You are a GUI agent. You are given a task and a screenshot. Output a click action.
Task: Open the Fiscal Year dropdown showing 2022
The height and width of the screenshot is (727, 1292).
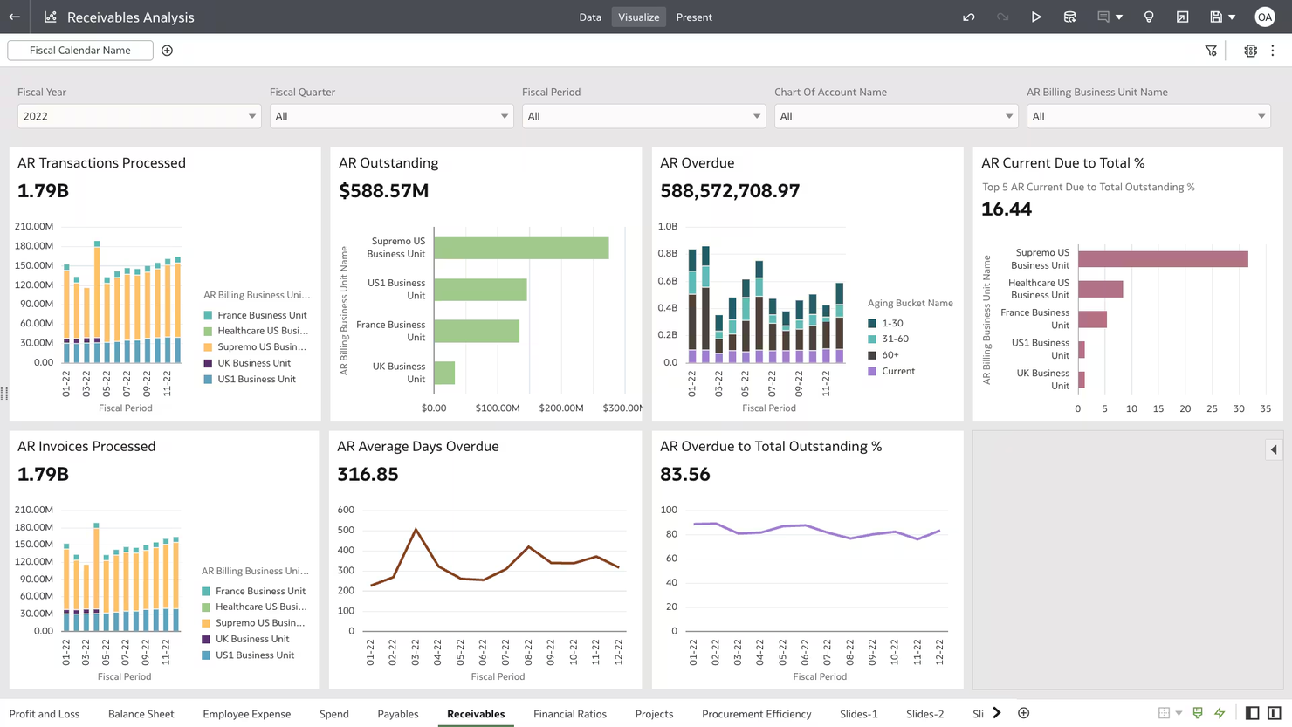pyautogui.click(x=139, y=116)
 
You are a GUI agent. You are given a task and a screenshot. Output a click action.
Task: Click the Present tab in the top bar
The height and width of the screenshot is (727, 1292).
pyautogui.click(x=694, y=17)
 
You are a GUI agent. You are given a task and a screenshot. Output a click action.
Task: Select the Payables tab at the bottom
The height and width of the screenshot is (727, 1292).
pyautogui.click(x=397, y=714)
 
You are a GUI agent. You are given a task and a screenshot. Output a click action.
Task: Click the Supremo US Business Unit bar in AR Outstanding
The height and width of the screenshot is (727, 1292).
pyautogui.click(x=521, y=248)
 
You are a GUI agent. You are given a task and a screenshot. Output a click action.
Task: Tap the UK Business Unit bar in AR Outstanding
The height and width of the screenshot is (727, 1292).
pyautogui.click(x=444, y=373)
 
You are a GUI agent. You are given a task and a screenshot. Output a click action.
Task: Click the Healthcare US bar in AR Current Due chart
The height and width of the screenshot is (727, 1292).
pyautogui.click(x=1100, y=289)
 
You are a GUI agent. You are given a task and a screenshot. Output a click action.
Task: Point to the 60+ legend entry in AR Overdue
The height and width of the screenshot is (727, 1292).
pyautogui.click(x=890, y=355)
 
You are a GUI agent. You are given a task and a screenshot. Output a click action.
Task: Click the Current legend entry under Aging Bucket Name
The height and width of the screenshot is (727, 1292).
pyautogui.click(x=897, y=371)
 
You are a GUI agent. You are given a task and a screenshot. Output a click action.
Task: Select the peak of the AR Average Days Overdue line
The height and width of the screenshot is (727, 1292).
pyautogui.click(x=416, y=529)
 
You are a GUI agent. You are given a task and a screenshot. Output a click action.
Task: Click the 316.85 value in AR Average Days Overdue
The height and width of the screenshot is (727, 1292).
pyautogui.click(x=368, y=474)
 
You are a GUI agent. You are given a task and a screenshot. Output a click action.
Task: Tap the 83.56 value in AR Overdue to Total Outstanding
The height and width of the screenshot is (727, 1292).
pyautogui.click(x=685, y=474)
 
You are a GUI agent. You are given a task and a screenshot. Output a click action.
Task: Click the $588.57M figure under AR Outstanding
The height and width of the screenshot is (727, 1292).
pyautogui.click(x=383, y=190)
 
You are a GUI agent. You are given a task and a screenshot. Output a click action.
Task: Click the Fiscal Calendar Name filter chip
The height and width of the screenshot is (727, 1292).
pyautogui.click(x=80, y=51)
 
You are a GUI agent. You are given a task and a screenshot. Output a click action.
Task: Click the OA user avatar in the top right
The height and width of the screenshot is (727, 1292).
pyautogui.click(x=1264, y=17)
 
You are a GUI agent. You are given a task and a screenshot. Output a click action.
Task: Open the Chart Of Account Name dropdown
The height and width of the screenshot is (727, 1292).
pyautogui.click(x=896, y=116)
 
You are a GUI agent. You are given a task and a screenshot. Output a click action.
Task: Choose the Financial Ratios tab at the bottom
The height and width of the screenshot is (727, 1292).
pyautogui.click(x=569, y=714)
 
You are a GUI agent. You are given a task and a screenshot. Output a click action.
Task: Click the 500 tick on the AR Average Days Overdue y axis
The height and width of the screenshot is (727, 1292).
pyautogui.click(x=346, y=530)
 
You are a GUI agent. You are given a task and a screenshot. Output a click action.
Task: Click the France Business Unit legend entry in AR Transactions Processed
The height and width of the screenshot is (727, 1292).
pyautogui.click(x=261, y=315)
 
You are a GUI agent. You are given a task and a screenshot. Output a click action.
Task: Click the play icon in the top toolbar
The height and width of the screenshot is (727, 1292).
pyautogui.click(x=1036, y=17)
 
